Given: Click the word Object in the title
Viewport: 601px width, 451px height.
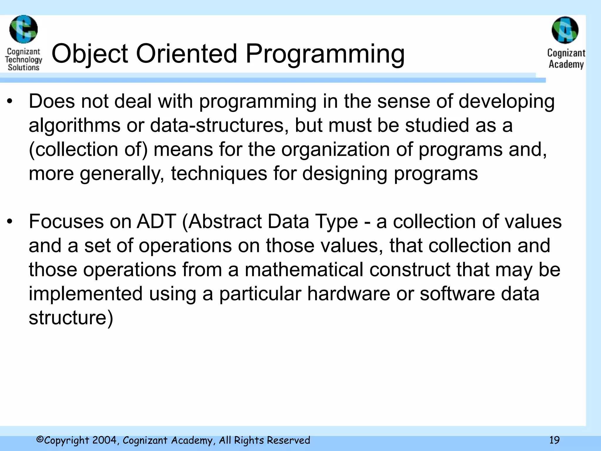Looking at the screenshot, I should pyautogui.click(x=90, y=54).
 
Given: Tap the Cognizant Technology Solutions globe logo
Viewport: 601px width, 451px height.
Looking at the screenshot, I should pyautogui.click(x=23, y=29).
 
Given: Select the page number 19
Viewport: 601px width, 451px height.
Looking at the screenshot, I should pyautogui.click(x=554, y=440).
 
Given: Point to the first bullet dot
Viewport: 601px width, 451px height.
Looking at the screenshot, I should pyautogui.click(x=10, y=102).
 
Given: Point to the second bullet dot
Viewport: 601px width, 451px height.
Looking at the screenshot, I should pyautogui.click(x=10, y=222).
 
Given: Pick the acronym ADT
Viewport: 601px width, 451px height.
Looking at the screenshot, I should pyautogui.click(x=156, y=221).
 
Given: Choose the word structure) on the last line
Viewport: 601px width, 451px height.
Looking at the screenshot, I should pyautogui.click(x=71, y=318).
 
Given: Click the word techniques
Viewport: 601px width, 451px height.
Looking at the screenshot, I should pyautogui.click(x=219, y=174).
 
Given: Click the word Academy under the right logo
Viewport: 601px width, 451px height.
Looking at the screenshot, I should pyautogui.click(x=566, y=64).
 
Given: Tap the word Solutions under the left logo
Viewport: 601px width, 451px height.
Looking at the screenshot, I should pyautogui.click(x=23, y=68).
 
